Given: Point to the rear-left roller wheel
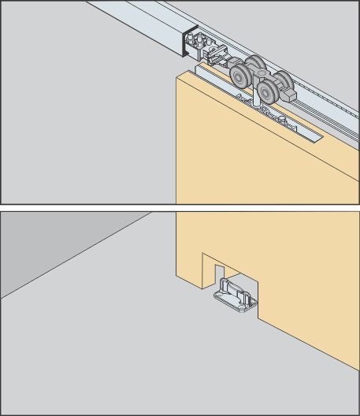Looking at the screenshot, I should pos(254,66).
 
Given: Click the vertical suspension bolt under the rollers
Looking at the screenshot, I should pos(250,99).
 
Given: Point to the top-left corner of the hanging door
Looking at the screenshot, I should pos(177,78).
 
